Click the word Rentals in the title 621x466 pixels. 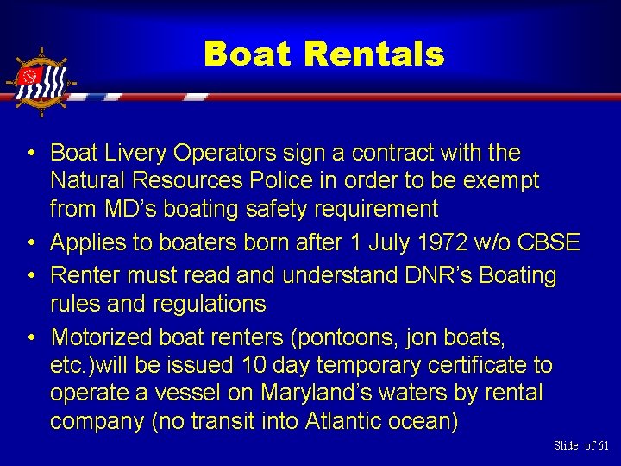click(373, 55)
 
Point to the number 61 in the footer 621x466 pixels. click(602, 445)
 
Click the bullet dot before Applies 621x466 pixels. click(29, 243)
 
